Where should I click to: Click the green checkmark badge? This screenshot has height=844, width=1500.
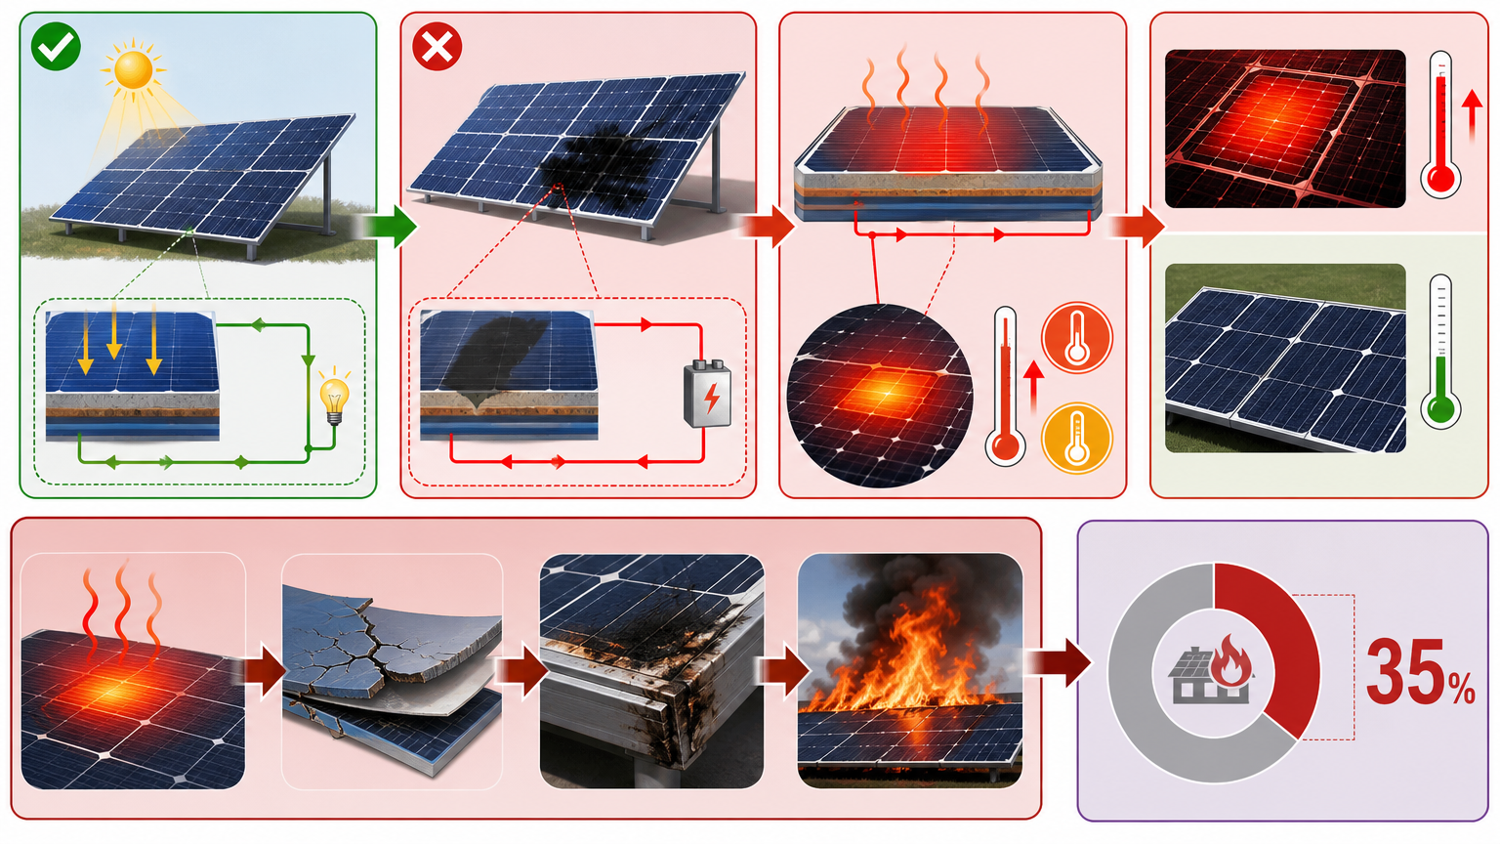(57, 46)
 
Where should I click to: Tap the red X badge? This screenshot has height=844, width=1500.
(437, 46)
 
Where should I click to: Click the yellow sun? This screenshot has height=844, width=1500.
(133, 68)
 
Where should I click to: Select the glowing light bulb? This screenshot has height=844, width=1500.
(334, 396)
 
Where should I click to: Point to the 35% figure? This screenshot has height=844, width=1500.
(1420, 672)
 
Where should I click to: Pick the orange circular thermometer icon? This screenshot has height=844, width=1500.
(1077, 337)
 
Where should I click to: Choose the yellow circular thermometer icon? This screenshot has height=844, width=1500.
(1077, 438)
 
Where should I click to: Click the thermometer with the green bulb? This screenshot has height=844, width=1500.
(1440, 352)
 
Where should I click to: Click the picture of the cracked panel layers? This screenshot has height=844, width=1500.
(393, 671)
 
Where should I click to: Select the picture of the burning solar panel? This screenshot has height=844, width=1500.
(910, 670)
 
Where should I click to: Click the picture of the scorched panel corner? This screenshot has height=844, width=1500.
(651, 671)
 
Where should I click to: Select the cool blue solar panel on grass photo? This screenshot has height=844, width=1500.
(1285, 359)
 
